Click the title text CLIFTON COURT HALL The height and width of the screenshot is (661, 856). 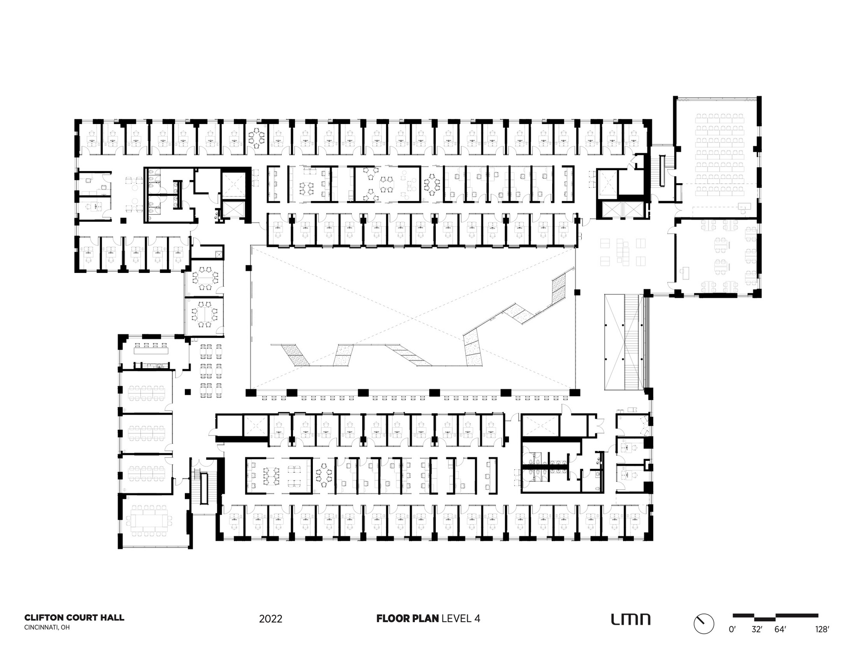point(74,617)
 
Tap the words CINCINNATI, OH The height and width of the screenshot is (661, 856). point(47,628)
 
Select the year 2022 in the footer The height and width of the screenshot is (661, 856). point(270,619)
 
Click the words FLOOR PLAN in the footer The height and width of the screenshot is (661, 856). point(407,618)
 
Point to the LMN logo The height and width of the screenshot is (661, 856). point(630,619)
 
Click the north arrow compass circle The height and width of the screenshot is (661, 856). point(704,624)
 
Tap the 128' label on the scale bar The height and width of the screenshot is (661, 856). point(822,629)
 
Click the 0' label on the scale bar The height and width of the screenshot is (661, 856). point(732,629)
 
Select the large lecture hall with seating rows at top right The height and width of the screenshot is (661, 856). point(717,154)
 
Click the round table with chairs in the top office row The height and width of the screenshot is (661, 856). point(257,137)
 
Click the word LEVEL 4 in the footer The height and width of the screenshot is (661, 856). point(461,618)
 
